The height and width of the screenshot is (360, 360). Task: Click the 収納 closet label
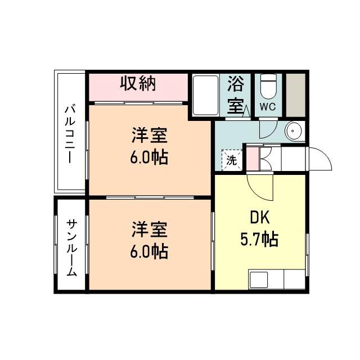point(138,84)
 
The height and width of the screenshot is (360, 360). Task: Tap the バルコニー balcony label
point(70,133)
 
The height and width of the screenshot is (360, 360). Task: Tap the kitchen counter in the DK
point(276,280)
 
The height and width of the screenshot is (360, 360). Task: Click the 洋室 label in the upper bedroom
point(150,136)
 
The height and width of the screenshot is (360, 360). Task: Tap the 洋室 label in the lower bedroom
point(150,230)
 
